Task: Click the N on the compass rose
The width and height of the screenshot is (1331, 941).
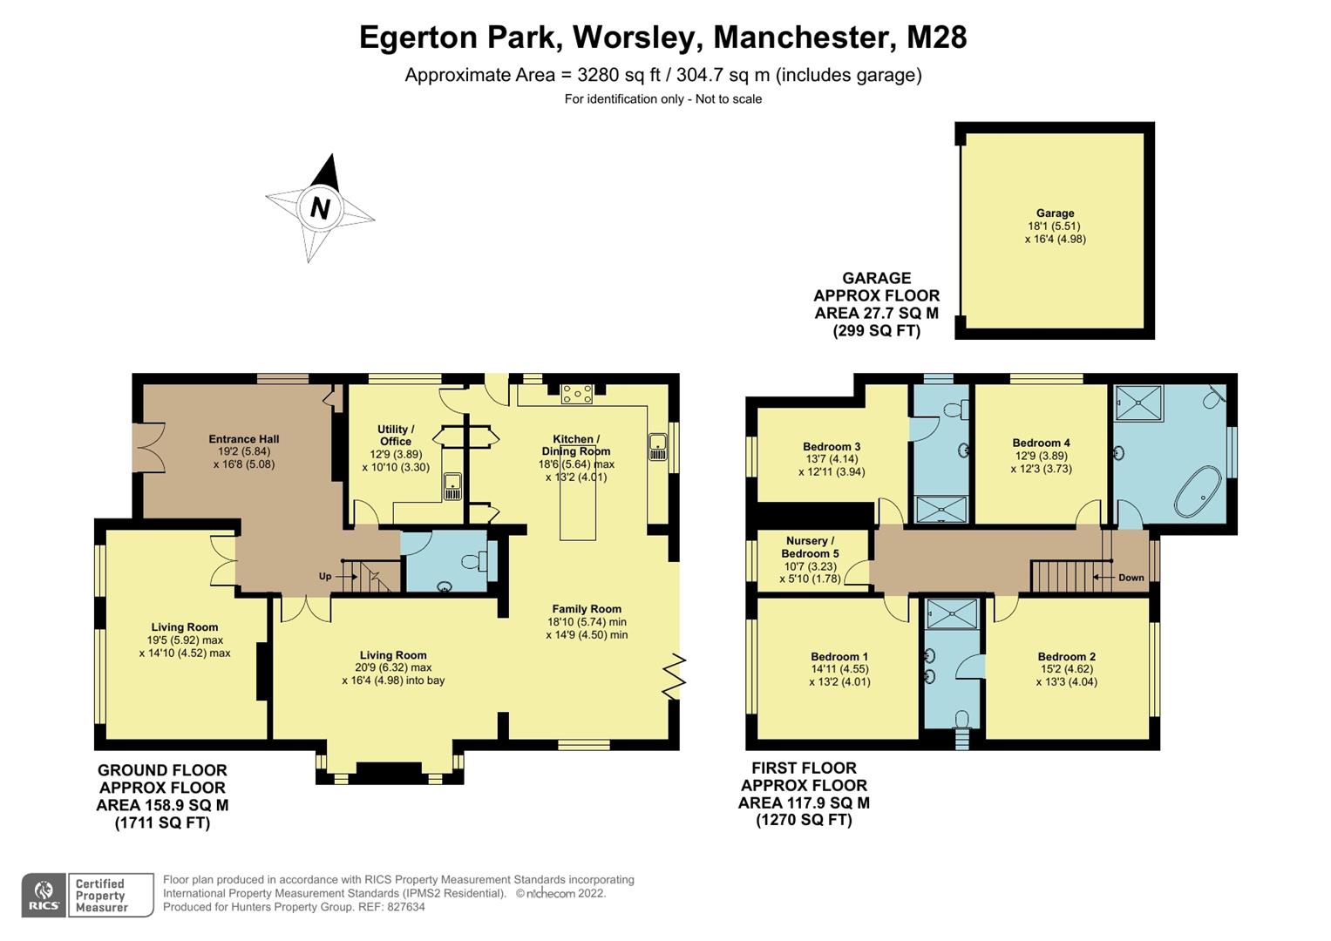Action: [320, 208]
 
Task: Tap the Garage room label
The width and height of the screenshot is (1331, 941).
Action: [1055, 213]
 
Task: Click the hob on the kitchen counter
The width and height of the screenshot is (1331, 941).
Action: [577, 395]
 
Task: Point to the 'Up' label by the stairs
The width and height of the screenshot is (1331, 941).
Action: [325, 577]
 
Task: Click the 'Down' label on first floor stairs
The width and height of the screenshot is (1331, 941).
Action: [1131, 578]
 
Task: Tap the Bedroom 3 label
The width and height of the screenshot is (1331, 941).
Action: [832, 447]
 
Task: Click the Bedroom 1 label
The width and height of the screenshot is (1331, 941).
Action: [839, 657]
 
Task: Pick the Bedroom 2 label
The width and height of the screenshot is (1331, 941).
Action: [1066, 657]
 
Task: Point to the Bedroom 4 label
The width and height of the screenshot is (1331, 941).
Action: [1041, 443]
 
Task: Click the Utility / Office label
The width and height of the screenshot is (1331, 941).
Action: [396, 436]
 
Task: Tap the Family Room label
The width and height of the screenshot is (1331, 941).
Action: [587, 610]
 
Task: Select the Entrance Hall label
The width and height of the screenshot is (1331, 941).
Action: [244, 440]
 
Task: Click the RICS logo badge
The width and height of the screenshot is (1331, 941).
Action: [44, 895]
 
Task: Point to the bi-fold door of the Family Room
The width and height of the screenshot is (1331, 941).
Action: [674, 676]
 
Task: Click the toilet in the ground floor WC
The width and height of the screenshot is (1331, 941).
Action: [476, 562]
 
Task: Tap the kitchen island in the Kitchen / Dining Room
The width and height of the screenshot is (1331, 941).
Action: [578, 505]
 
